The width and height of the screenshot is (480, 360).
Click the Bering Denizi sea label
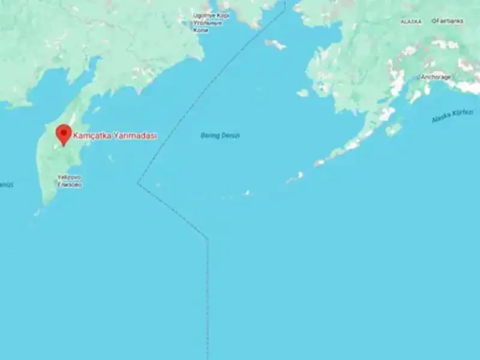point(220,136)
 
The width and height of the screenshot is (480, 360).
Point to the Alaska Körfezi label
point(452,116)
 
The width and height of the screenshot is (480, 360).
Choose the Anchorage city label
point(436,77)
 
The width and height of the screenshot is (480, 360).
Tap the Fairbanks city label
point(449,21)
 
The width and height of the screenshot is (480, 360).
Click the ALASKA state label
point(411,22)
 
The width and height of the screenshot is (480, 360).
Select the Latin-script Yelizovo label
point(69,178)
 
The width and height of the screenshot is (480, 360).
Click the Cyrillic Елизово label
point(69,184)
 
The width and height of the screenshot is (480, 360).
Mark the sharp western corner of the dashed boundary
point(138,183)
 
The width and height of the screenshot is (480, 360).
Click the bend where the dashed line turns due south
point(208,239)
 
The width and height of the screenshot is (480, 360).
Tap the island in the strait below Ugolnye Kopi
point(275,44)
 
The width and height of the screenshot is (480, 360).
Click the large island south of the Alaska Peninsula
point(394,129)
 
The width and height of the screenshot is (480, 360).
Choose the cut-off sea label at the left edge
point(6,185)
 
